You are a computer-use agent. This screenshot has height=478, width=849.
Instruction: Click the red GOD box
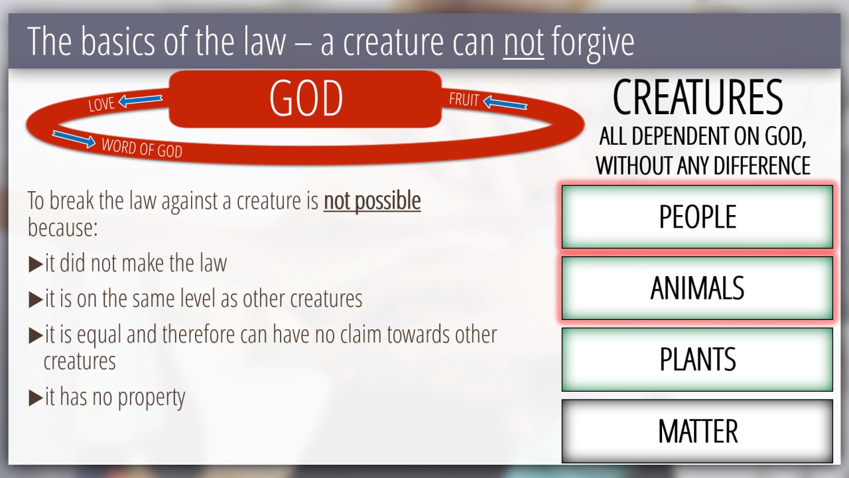(305, 99)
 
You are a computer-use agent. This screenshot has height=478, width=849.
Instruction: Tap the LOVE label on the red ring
(101, 104)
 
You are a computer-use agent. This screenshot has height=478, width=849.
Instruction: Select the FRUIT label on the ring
(464, 100)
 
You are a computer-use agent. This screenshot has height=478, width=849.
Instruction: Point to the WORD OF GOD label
(142, 148)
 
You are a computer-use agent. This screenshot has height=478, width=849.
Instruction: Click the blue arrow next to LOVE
(140, 100)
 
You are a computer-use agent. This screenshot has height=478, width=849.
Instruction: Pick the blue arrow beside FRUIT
(505, 103)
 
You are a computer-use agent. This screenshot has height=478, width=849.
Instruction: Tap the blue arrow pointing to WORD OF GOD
(74, 139)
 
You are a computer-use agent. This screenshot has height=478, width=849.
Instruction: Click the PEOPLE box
(697, 216)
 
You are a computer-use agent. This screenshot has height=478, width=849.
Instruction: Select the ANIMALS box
(697, 288)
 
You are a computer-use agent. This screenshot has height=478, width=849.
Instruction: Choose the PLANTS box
(697, 359)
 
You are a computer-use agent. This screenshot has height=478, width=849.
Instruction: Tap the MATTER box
(697, 431)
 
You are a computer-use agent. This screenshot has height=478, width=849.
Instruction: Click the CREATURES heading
(697, 97)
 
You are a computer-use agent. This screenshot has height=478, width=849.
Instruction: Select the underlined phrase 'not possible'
(372, 200)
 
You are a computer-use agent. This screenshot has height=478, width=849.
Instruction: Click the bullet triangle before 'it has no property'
(36, 398)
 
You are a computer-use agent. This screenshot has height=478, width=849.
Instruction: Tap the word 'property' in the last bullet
(151, 398)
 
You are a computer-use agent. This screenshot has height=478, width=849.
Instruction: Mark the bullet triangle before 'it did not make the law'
(36, 264)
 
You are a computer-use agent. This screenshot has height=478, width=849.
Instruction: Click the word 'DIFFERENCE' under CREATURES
(750, 165)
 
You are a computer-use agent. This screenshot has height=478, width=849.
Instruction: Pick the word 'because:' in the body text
(62, 228)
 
